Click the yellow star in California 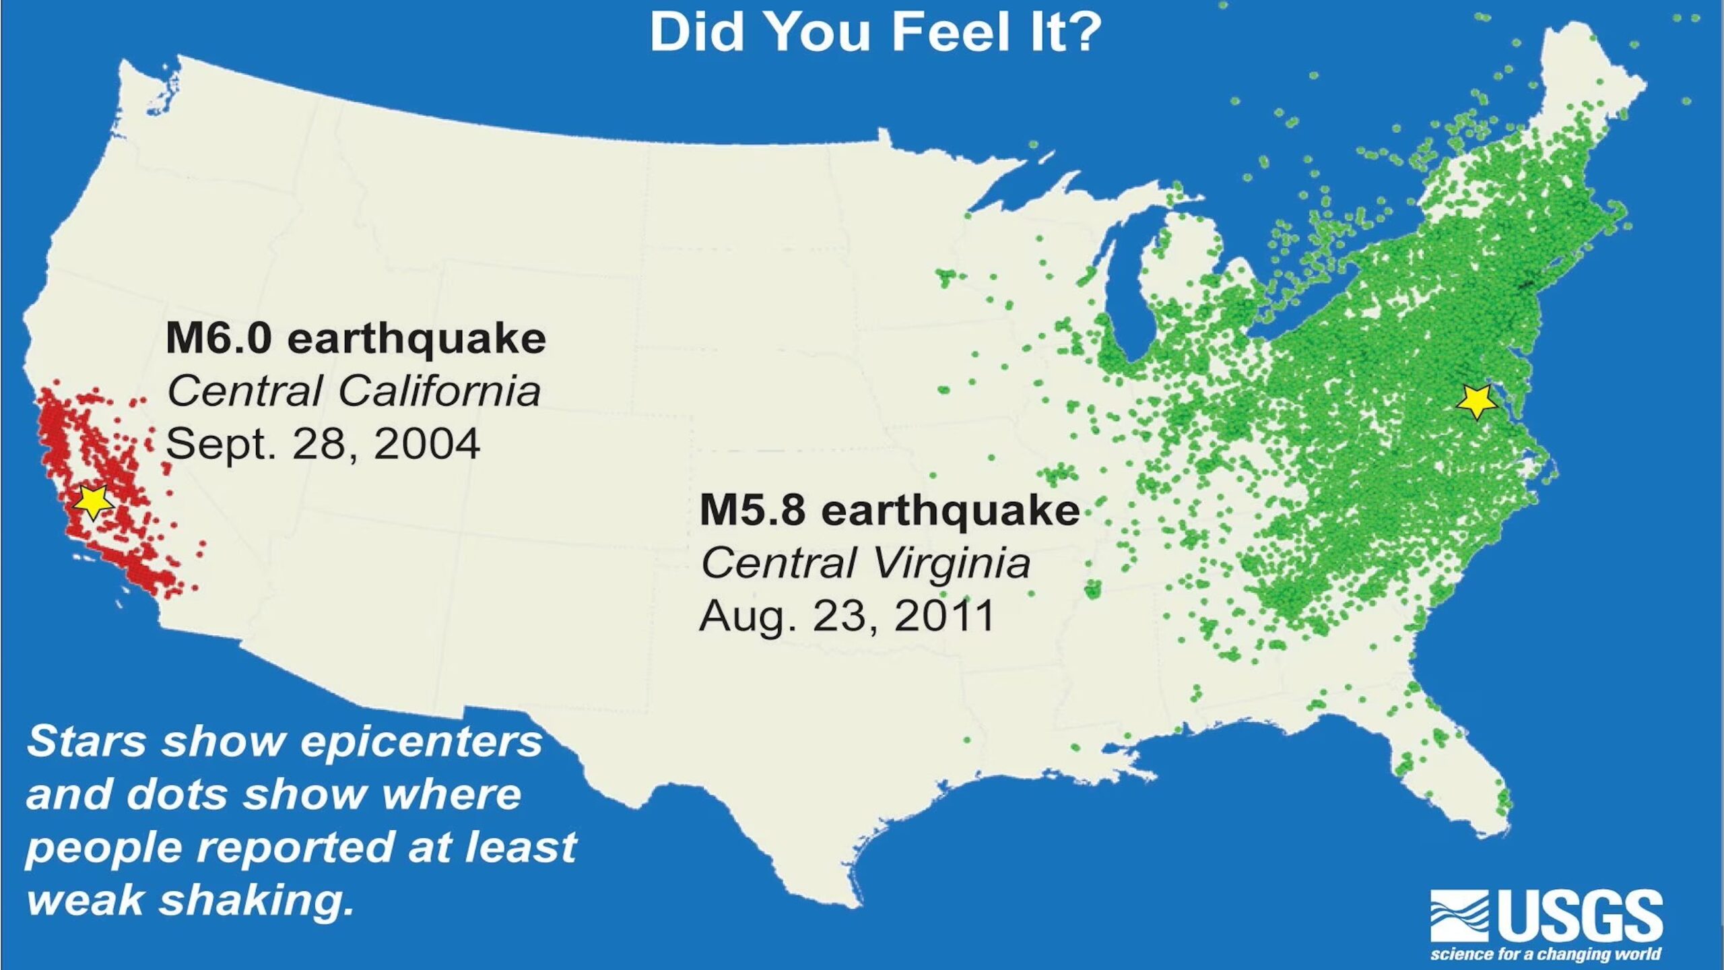92,500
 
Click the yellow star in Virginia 1476,401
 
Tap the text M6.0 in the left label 218,338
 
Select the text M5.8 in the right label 752,510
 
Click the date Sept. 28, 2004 323,444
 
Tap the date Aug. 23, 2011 847,616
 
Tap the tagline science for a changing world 1546,954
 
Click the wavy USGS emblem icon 1459,916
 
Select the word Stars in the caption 86,742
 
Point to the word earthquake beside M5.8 950,510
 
